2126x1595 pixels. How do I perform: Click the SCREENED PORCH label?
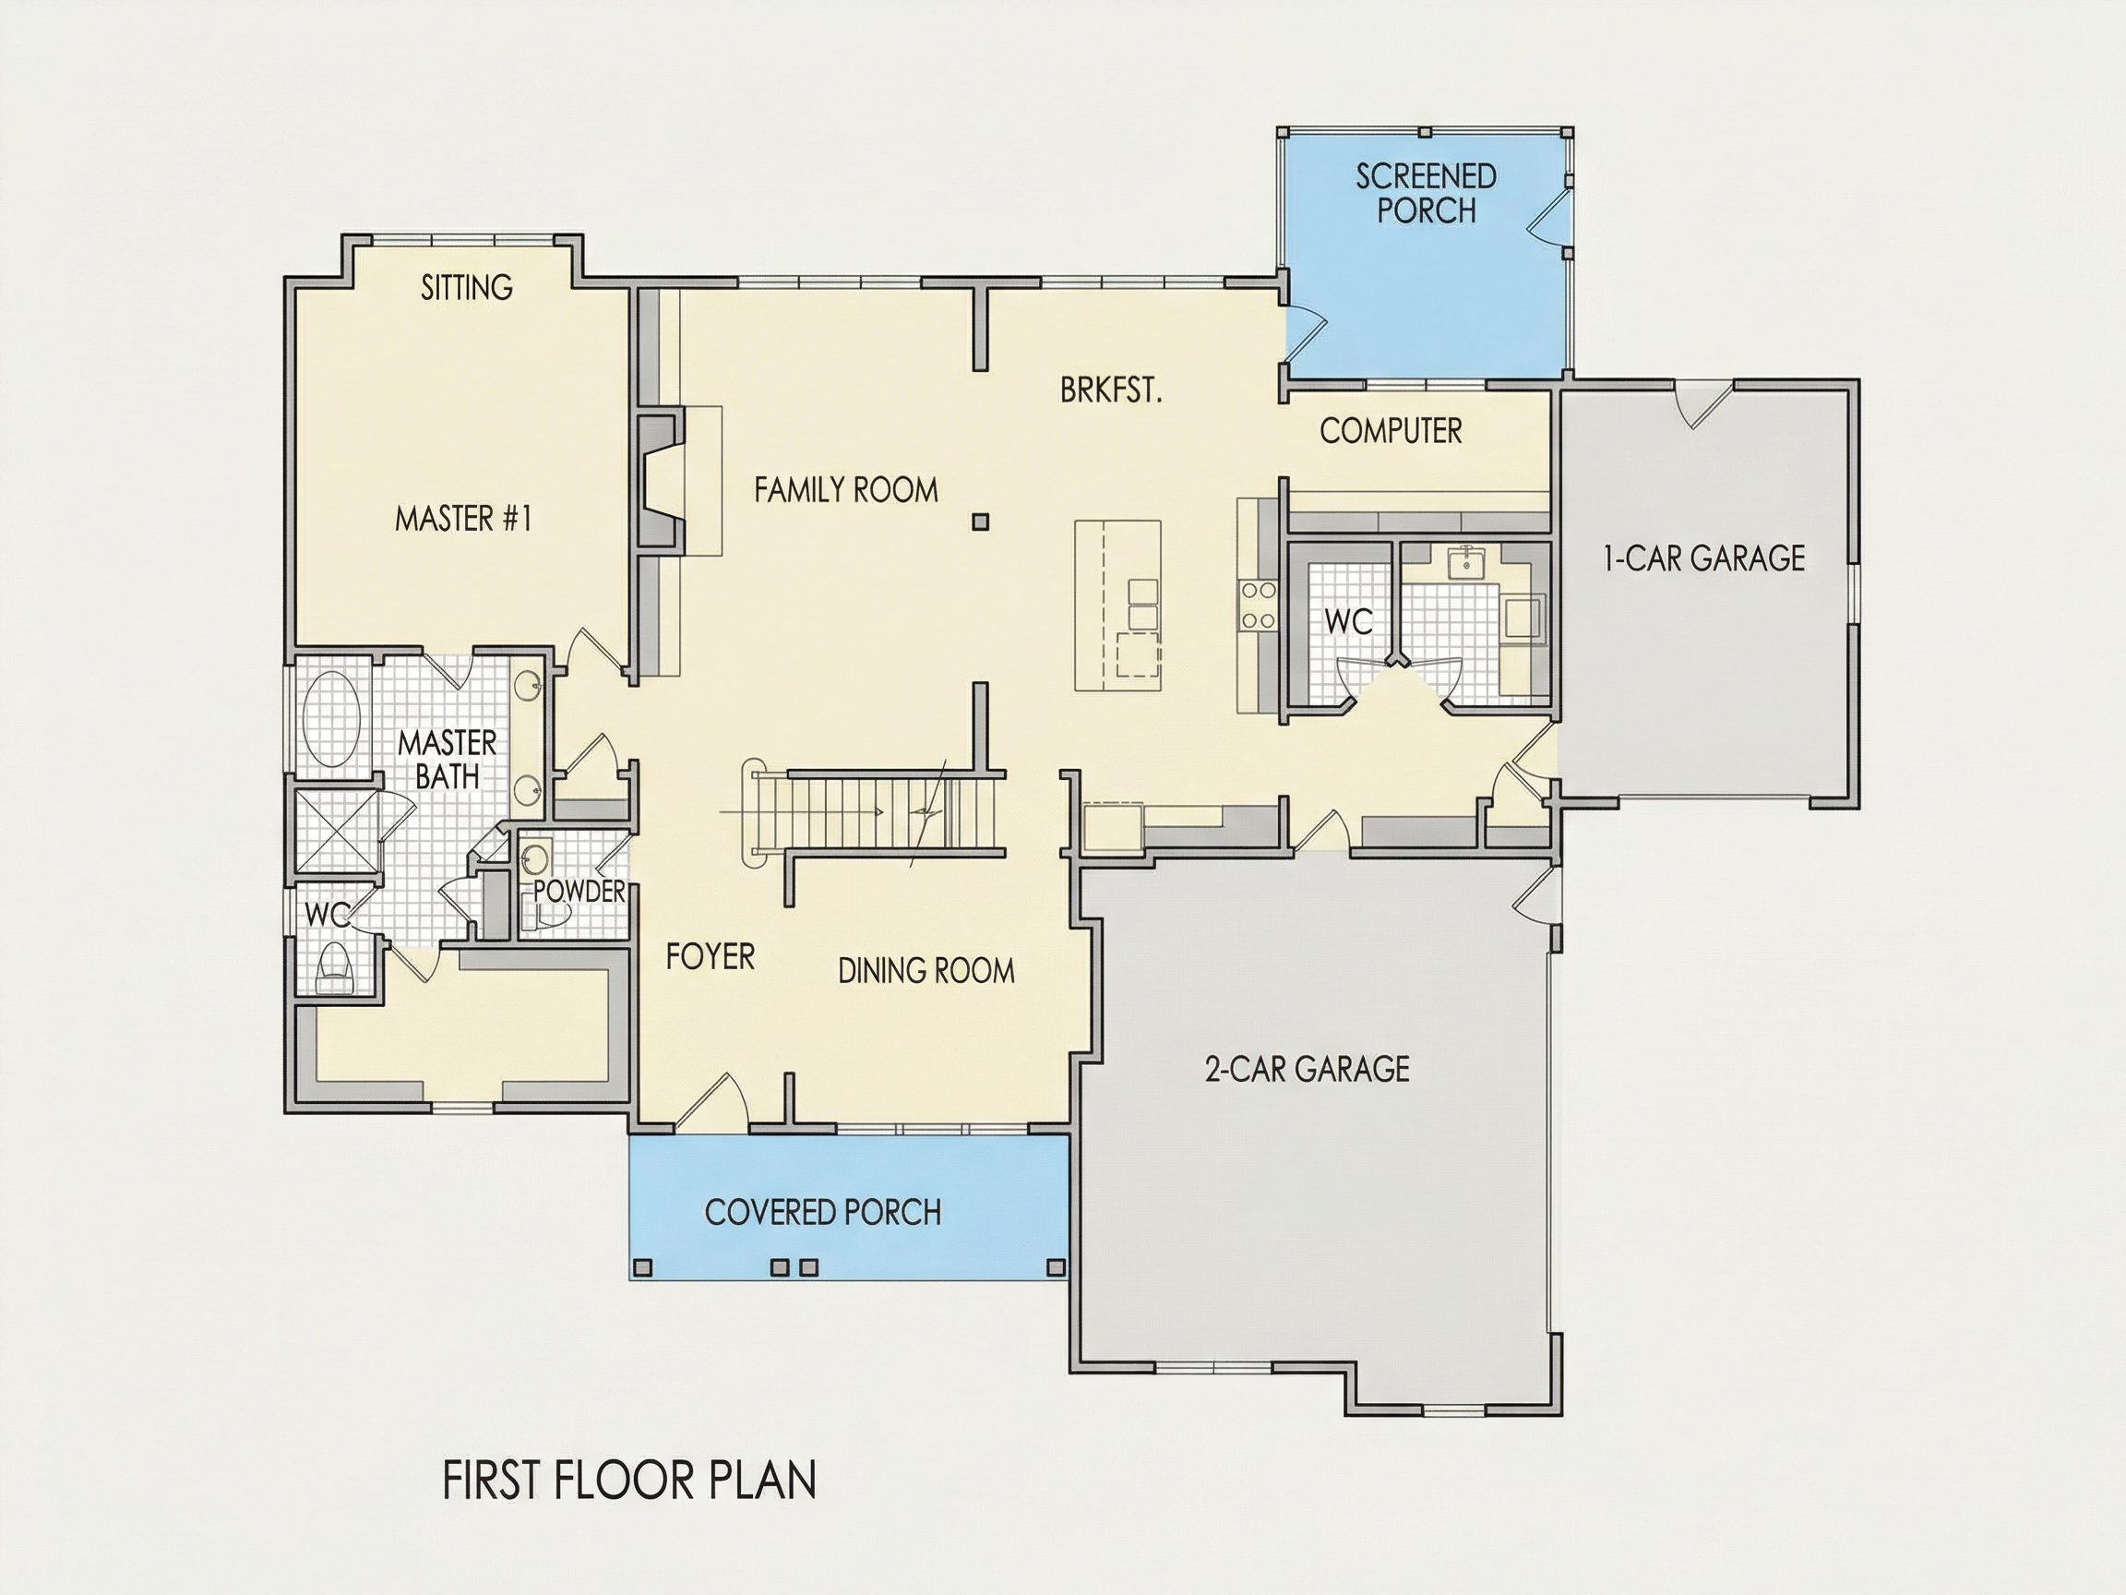click(1427, 193)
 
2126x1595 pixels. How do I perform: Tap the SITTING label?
click(467, 286)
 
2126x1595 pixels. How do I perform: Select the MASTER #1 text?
click(463, 519)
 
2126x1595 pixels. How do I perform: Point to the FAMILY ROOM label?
click(846, 490)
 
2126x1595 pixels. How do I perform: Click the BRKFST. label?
click(1111, 390)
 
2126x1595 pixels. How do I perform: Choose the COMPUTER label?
click(1391, 431)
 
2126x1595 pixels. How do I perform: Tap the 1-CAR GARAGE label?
click(1704, 558)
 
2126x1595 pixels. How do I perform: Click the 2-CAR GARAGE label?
click(1308, 1069)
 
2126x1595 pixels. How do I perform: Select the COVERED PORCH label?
click(823, 1212)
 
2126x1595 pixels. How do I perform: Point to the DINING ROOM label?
click(926, 971)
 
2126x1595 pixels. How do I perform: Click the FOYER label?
click(711, 956)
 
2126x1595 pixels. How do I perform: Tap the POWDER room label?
click(579, 892)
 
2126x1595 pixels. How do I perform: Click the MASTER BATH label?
click(448, 760)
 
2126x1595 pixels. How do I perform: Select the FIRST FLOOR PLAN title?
click(629, 1480)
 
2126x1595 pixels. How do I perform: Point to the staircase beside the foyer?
click(875, 811)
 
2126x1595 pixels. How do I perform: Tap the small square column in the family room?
click(980, 522)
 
